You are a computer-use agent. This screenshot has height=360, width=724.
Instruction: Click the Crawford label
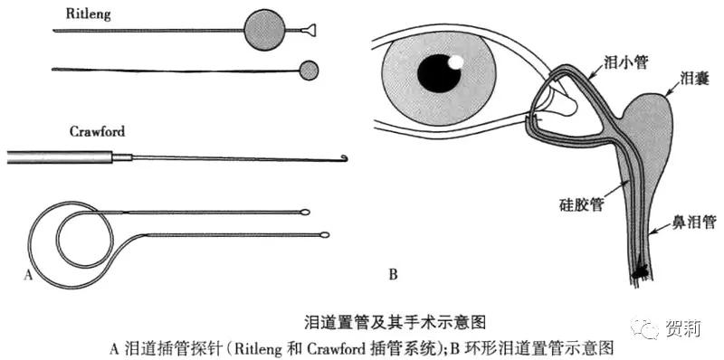click(x=98, y=131)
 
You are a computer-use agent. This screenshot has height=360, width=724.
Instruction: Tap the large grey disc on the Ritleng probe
click(x=264, y=31)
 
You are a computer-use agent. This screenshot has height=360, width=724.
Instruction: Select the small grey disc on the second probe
click(x=309, y=70)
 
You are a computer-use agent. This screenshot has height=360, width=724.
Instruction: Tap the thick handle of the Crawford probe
click(x=60, y=157)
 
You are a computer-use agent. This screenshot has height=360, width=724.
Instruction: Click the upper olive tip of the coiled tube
click(x=306, y=213)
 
